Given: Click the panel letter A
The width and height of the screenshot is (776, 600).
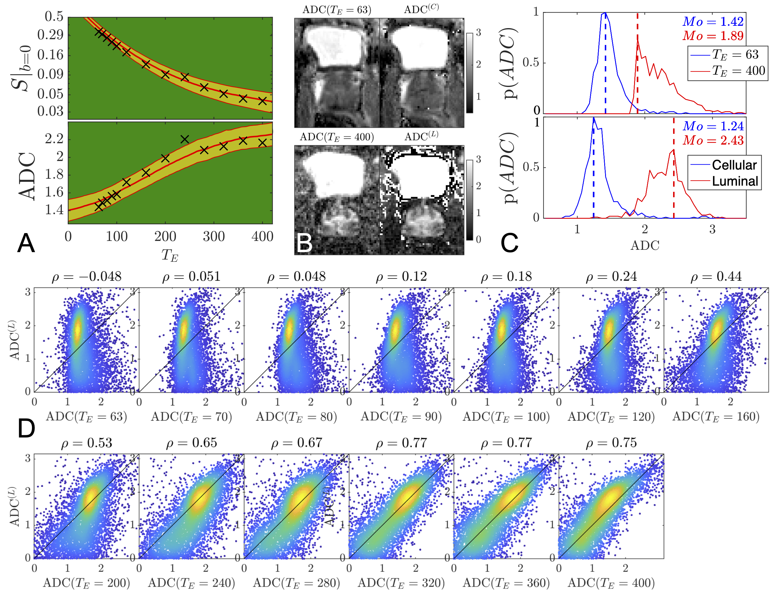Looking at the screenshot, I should (26, 243).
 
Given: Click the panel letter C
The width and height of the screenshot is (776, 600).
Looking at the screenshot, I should (509, 243).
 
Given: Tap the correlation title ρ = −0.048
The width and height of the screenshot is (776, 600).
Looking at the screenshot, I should (87, 277).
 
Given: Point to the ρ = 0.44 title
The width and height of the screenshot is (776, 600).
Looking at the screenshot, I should (716, 277).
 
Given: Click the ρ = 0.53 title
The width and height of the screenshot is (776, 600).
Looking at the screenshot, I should (87, 443).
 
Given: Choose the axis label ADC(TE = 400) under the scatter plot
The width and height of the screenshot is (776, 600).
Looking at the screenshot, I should (611, 583).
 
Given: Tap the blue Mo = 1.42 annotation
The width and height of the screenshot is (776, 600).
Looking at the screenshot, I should (713, 22).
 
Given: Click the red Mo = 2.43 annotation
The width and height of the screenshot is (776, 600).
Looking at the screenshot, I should (713, 141).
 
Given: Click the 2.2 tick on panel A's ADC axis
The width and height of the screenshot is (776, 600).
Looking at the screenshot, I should (54, 139).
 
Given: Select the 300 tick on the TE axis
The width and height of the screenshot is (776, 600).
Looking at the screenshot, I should (213, 237).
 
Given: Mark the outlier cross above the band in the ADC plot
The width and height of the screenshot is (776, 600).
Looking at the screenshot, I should (184, 139).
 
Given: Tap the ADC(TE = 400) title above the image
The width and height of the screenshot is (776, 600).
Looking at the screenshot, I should (337, 137).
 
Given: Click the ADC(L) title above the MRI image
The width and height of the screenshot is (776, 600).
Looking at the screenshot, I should (421, 136).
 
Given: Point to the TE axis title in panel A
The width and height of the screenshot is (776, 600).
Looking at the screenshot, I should (169, 255).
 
